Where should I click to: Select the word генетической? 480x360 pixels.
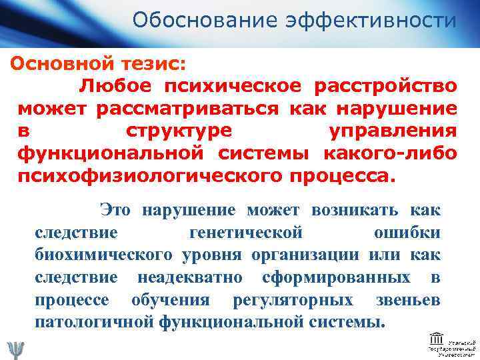(x=247, y=233)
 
